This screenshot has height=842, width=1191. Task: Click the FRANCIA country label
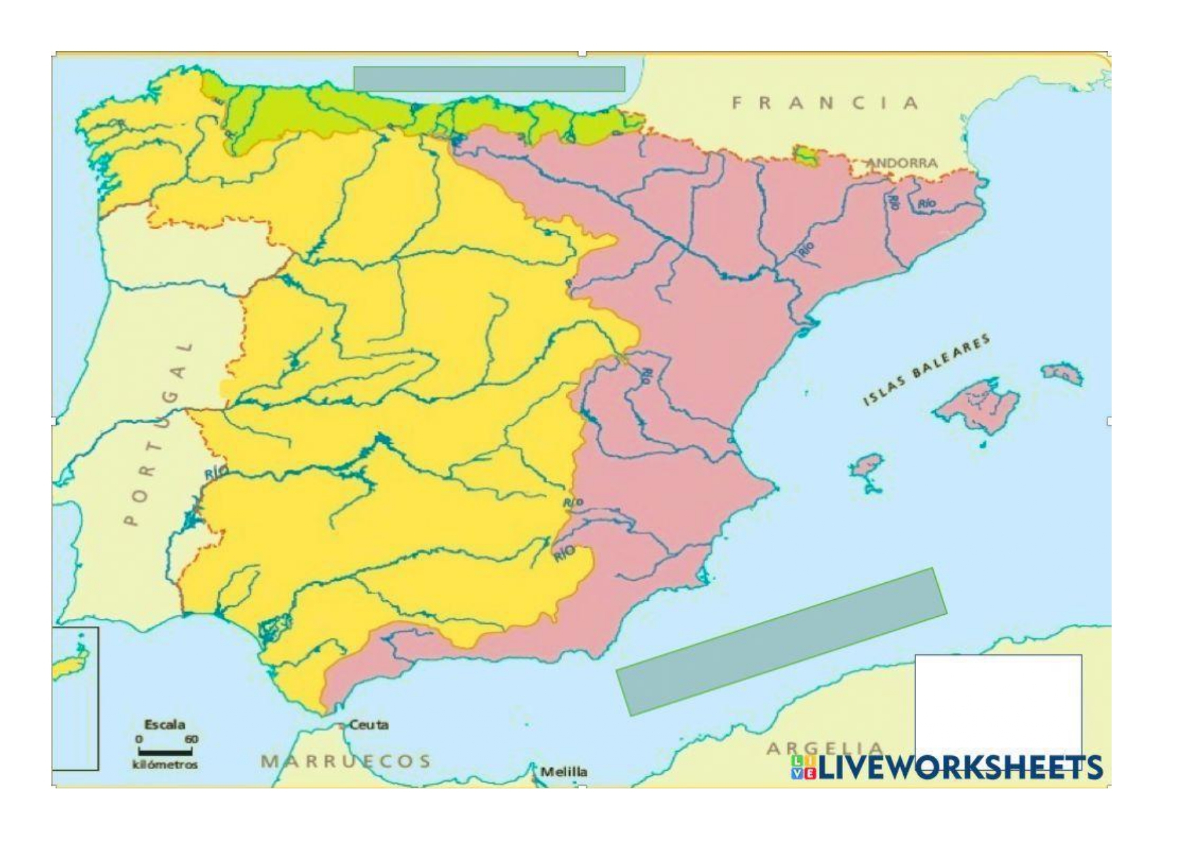(825, 103)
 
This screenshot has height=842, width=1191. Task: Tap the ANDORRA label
(903, 163)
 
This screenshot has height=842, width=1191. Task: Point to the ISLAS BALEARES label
(926, 370)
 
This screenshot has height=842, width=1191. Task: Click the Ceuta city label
(368, 725)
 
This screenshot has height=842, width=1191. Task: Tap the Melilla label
(564, 771)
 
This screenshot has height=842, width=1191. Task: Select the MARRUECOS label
(346, 761)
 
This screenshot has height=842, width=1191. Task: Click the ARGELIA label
(825, 748)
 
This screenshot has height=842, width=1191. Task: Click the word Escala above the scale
(164, 725)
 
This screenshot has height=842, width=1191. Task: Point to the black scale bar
(165, 751)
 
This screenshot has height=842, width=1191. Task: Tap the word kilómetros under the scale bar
(165, 765)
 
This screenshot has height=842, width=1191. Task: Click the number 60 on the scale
(191, 739)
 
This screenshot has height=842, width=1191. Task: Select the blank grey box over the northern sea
(489, 79)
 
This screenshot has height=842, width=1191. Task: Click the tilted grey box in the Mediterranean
(781, 642)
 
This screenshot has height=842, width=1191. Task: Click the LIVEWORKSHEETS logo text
(960, 767)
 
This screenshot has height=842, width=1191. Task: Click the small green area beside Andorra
(806, 155)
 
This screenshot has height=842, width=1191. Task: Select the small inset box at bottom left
(75, 699)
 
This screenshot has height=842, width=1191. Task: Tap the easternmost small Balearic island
(1063, 372)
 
